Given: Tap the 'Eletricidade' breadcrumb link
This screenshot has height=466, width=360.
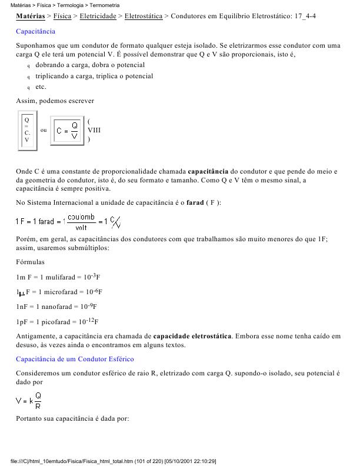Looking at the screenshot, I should click(x=98, y=16).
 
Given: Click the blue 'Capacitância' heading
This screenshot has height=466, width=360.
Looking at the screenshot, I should click(x=35, y=31).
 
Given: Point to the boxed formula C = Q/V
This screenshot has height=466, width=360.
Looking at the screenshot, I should click(x=68, y=130).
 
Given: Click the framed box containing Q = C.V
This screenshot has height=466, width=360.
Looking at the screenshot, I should click(x=26, y=130).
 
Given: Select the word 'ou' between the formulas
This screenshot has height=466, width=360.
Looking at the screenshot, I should click(x=44, y=130).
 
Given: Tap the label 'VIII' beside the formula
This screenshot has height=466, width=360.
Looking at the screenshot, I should click(x=94, y=130).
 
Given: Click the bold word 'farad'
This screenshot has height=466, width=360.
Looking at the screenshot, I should click(x=195, y=203).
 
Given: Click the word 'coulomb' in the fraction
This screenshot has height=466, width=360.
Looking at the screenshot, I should click(x=82, y=217).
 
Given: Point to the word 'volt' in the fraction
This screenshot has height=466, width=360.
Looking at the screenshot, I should click(x=82, y=227).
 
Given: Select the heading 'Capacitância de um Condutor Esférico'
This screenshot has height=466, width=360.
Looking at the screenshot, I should click(x=75, y=358).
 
